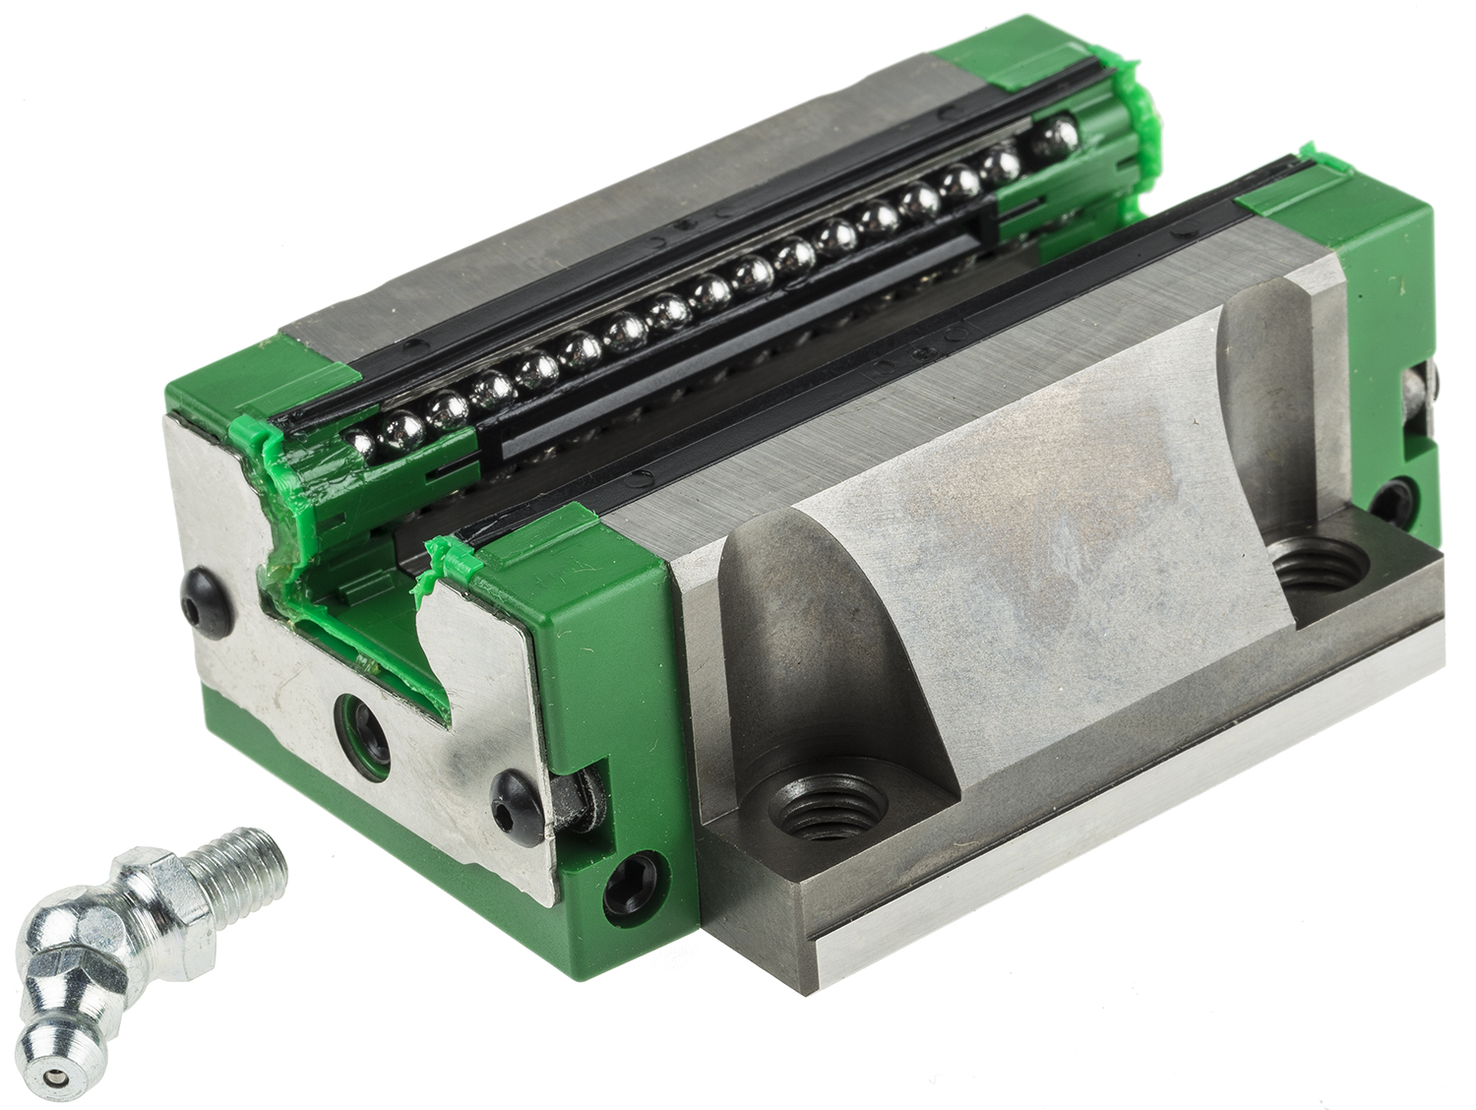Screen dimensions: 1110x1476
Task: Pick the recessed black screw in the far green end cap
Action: click(x=1393, y=499)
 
